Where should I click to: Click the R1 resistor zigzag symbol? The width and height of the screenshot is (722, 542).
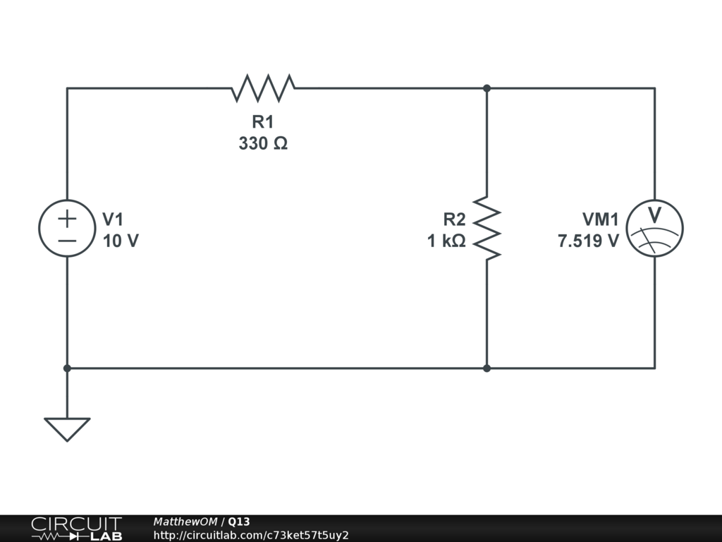pyautogui.click(x=263, y=88)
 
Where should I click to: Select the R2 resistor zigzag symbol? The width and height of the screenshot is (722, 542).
pyautogui.click(x=487, y=227)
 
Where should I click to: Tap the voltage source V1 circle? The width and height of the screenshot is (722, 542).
pyautogui.click(x=67, y=228)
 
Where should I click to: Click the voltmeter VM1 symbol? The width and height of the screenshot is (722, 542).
pyautogui.click(x=655, y=228)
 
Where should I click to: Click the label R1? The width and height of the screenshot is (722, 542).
pyautogui.click(x=263, y=122)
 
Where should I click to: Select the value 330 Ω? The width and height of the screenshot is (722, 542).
pyautogui.click(x=263, y=143)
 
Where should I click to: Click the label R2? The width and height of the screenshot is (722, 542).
pyautogui.click(x=454, y=219)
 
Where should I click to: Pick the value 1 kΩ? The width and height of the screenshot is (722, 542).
pyautogui.click(x=446, y=241)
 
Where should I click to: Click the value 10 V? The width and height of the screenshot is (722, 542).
pyautogui.click(x=121, y=241)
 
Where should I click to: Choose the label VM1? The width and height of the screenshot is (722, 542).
pyautogui.click(x=600, y=219)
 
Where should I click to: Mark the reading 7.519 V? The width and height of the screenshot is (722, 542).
pyautogui.click(x=589, y=241)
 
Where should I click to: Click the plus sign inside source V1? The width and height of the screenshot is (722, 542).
pyautogui.click(x=67, y=218)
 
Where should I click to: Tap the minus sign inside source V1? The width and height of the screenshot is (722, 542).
pyautogui.click(x=67, y=240)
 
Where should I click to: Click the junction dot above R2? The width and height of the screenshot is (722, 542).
pyautogui.click(x=487, y=88)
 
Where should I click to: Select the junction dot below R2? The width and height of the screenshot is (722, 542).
pyautogui.click(x=487, y=368)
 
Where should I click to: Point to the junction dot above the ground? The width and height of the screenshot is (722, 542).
pyautogui.click(x=67, y=368)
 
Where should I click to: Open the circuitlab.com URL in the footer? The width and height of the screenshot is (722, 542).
pyautogui.click(x=251, y=535)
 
